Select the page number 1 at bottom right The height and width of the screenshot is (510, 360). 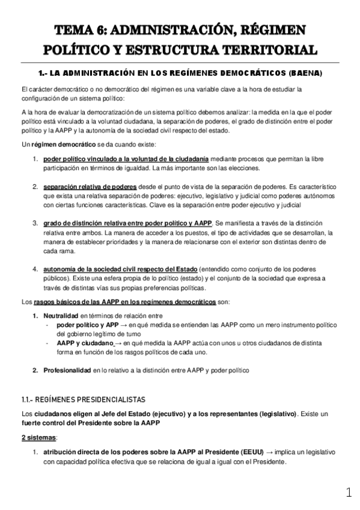point(349,493)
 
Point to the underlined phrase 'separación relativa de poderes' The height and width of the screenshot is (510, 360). point(90,188)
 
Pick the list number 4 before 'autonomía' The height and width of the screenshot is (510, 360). point(35,269)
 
